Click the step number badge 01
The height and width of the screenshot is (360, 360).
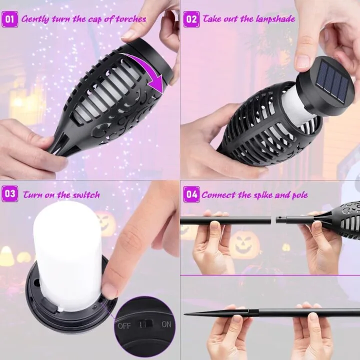(x=10, y=19)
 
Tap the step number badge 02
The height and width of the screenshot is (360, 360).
(x=191, y=19)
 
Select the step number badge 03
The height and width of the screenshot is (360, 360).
(x=10, y=194)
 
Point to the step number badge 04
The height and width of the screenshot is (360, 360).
(x=191, y=194)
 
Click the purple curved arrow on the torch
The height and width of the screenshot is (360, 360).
(x=147, y=69)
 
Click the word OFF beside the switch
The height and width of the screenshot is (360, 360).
(x=124, y=326)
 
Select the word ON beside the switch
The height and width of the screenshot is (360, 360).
(x=166, y=324)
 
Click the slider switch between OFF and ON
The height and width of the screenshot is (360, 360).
(x=146, y=324)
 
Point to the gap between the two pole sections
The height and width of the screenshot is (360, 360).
(x=273, y=220)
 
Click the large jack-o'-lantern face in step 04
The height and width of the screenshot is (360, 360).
(x=244, y=244)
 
